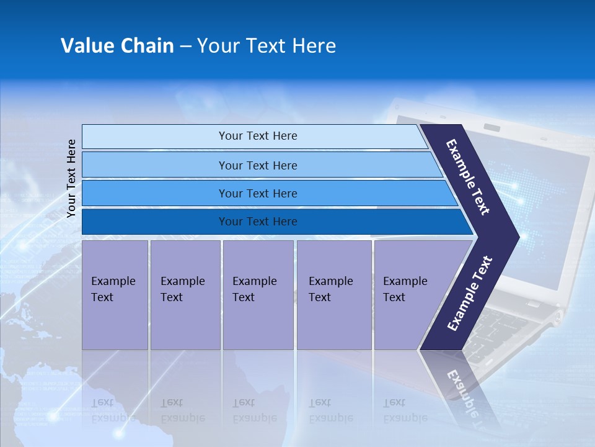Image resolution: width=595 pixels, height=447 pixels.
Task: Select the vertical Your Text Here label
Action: click(x=71, y=178)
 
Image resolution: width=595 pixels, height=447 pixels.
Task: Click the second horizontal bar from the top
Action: click(x=257, y=165)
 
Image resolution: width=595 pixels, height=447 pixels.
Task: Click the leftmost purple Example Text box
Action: click(x=115, y=294)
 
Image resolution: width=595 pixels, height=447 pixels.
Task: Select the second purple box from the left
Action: click(x=185, y=294)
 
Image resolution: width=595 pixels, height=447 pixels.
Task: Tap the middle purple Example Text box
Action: click(x=258, y=294)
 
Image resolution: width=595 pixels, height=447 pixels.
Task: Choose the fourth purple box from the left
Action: click(x=334, y=294)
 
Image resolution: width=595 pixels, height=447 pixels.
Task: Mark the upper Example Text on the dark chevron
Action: click(x=468, y=177)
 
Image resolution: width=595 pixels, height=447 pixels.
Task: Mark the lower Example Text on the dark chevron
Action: click(x=470, y=293)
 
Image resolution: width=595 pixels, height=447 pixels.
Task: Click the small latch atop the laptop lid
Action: click(x=492, y=127)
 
